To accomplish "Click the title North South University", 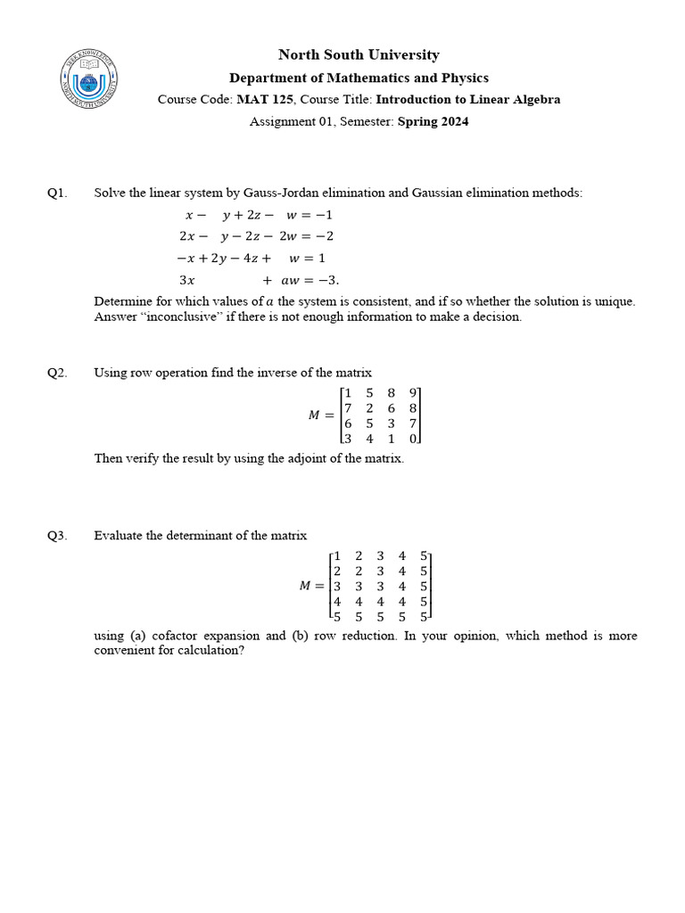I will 359,55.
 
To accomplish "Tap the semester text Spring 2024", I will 433,122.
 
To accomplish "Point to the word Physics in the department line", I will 465,78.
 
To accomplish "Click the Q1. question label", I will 57,193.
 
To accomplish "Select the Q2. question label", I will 57,374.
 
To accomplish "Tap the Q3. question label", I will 57,536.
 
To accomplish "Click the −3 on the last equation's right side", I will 326,279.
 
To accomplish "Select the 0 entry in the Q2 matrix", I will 413,439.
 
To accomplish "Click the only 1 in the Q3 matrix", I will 337,555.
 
